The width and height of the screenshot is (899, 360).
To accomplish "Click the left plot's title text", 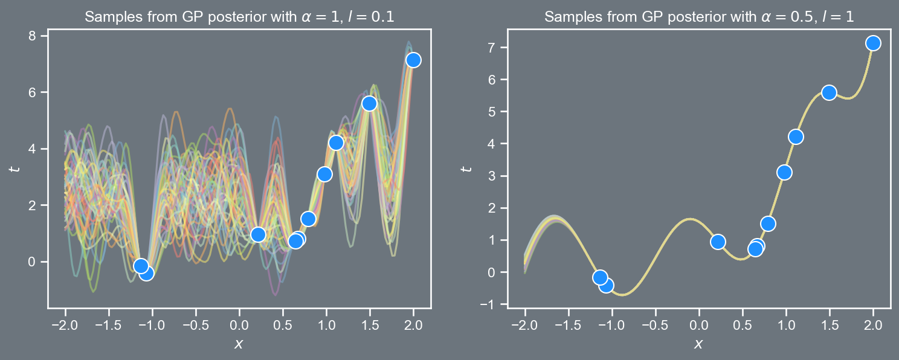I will (x=239, y=17).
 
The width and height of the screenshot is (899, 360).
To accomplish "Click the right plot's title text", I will (x=699, y=17).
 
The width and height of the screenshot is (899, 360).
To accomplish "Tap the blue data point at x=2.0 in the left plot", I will (x=413, y=60).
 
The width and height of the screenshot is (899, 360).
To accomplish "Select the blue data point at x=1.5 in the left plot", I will (x=369, y=103).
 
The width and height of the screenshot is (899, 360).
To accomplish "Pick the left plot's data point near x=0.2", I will (x=258, y=234).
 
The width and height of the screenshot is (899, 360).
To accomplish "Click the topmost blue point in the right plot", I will (x=873, y=43).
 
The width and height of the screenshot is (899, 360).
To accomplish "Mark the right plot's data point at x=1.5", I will (x=829, y=92).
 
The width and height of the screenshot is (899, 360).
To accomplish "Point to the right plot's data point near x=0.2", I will (x=718, y=242).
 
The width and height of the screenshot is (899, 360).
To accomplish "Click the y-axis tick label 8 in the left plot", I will (x=36, y=36).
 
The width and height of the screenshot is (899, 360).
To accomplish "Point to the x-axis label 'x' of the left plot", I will (x=239, y=344).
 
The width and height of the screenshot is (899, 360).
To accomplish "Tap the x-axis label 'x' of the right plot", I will (x=699, y=344).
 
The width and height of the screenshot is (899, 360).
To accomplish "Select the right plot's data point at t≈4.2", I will (x=796, y=137).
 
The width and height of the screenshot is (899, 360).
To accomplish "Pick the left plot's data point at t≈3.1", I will (x=324, y=174).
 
